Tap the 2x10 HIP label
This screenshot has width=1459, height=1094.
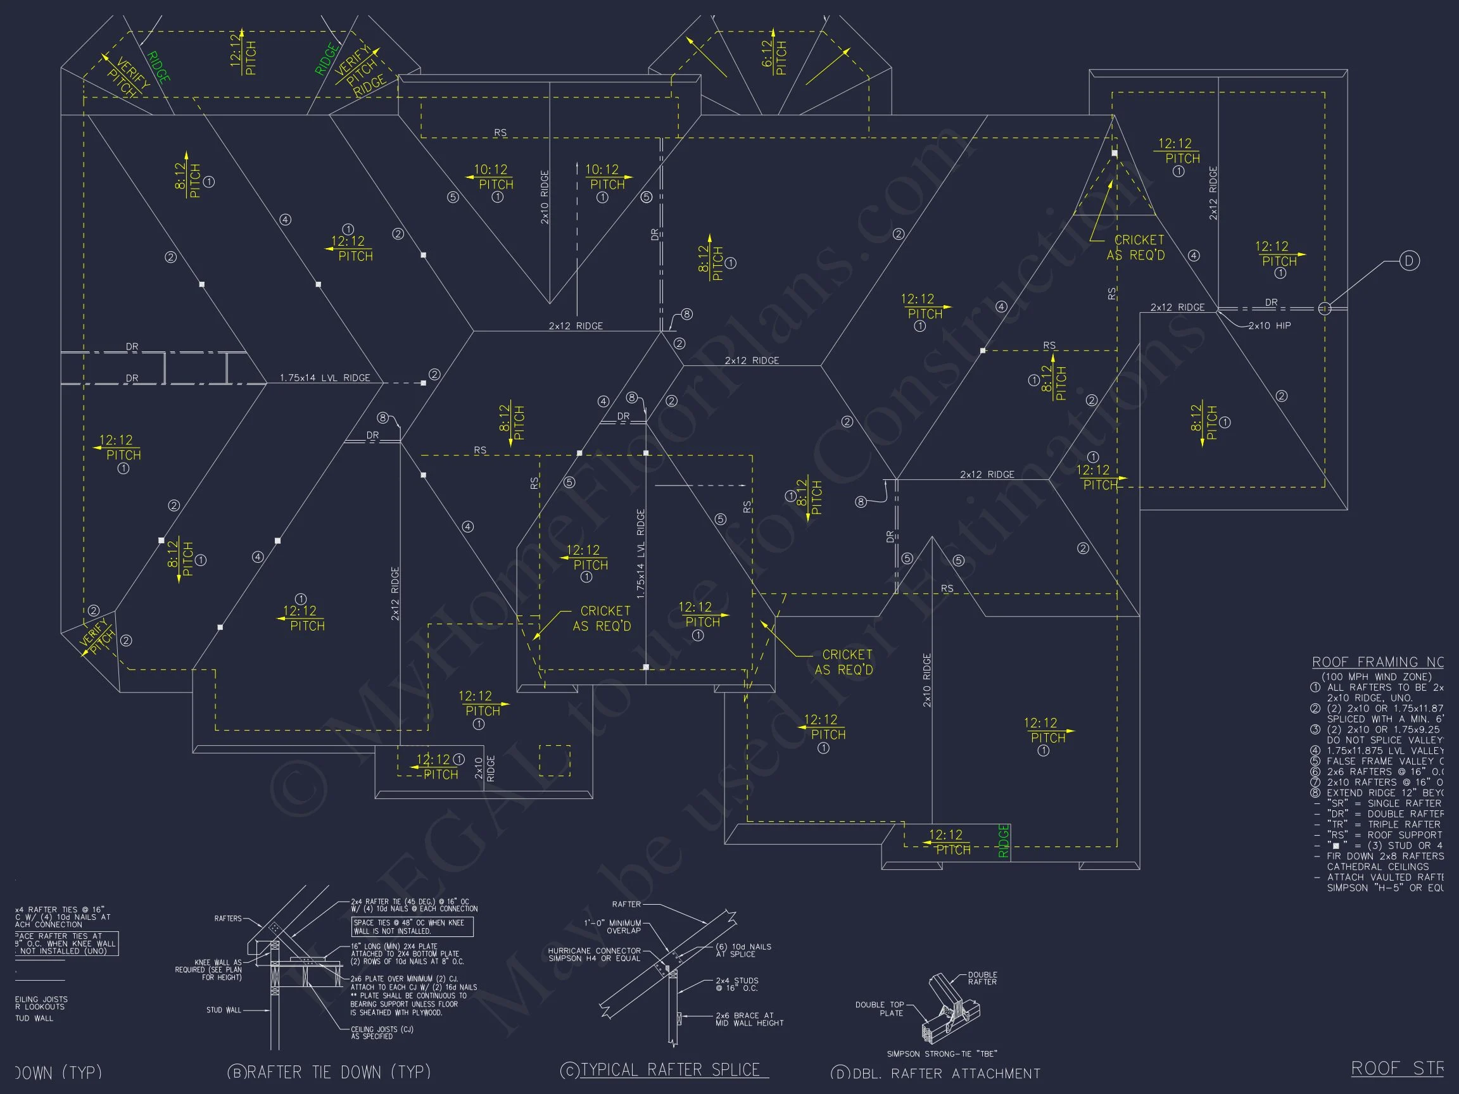click(1269, 326)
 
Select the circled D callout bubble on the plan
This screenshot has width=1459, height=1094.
click(1409, 261)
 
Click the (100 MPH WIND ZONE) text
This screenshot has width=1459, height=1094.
click(1376, 677)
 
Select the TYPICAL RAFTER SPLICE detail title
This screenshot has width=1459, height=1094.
click(670, 1069)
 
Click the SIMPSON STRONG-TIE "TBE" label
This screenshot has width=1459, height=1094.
click(941, 1053)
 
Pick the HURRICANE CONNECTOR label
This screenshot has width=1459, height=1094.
click(594, 954)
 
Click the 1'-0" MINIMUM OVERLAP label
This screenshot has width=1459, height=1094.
click(612, 926)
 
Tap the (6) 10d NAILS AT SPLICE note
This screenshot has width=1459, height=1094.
click(743, 950)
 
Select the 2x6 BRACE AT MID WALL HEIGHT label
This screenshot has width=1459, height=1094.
click(749, 1019)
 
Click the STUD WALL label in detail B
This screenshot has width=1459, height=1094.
click(224, 1010)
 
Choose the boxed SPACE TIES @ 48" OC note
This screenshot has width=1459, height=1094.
click(412, 926)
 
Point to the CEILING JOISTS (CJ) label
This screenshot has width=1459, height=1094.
click(382, 1033)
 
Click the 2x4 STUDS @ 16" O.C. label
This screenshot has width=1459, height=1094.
click(736, 984)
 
